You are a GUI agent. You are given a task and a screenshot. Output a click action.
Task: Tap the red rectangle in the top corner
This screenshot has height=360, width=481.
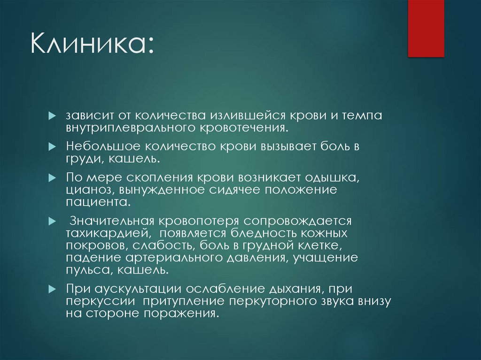[426, 28]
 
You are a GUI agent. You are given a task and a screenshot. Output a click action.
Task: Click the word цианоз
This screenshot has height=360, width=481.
[86, 191]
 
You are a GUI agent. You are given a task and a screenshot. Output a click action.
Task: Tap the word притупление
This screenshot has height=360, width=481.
[176, 301]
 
